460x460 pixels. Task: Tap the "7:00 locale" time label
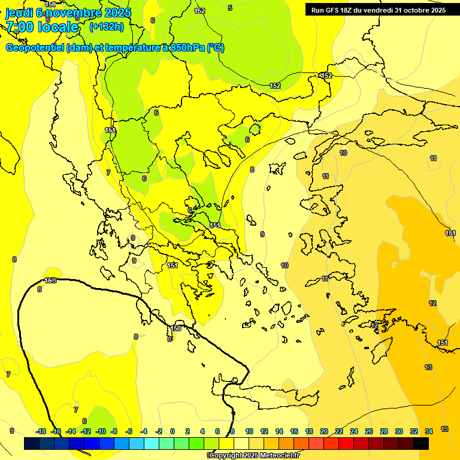pos(42,27)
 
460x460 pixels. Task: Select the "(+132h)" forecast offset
pos(106,26)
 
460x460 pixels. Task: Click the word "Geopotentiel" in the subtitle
pos(35,48)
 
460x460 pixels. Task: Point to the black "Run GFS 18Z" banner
pos(378,10)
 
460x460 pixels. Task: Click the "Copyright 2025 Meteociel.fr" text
pos(254,456)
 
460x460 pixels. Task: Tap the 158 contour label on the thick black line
pos(51,280)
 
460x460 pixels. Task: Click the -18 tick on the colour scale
pos(41,431)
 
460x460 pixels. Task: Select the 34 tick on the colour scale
pos(429,431)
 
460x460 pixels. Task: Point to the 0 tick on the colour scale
pos(172,431)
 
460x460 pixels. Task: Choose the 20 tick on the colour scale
pos(324,431)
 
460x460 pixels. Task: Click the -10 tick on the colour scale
pos(101,431)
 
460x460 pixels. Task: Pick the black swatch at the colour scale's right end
pos(421,443)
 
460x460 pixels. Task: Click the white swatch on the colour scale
pos(241,443)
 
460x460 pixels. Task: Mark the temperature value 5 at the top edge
pos(230,8)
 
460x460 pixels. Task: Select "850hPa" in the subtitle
pos(188,48)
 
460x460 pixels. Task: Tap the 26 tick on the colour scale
pos(369,431)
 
